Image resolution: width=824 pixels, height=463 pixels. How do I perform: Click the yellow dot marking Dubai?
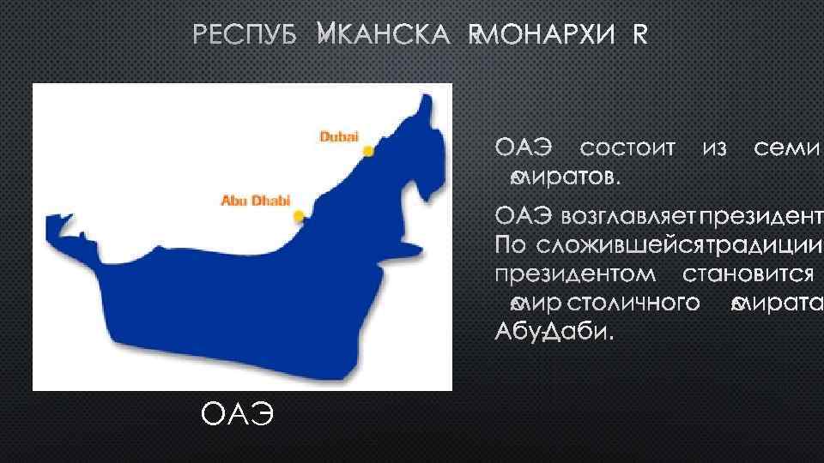point(368,152)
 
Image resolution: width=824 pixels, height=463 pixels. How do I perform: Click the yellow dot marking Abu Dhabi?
point(298,215)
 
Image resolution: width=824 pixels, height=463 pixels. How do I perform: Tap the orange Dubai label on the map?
point(339,135)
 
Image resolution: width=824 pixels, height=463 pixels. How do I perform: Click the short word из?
point(714,150)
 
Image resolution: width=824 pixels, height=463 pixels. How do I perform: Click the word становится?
point(748,274)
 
